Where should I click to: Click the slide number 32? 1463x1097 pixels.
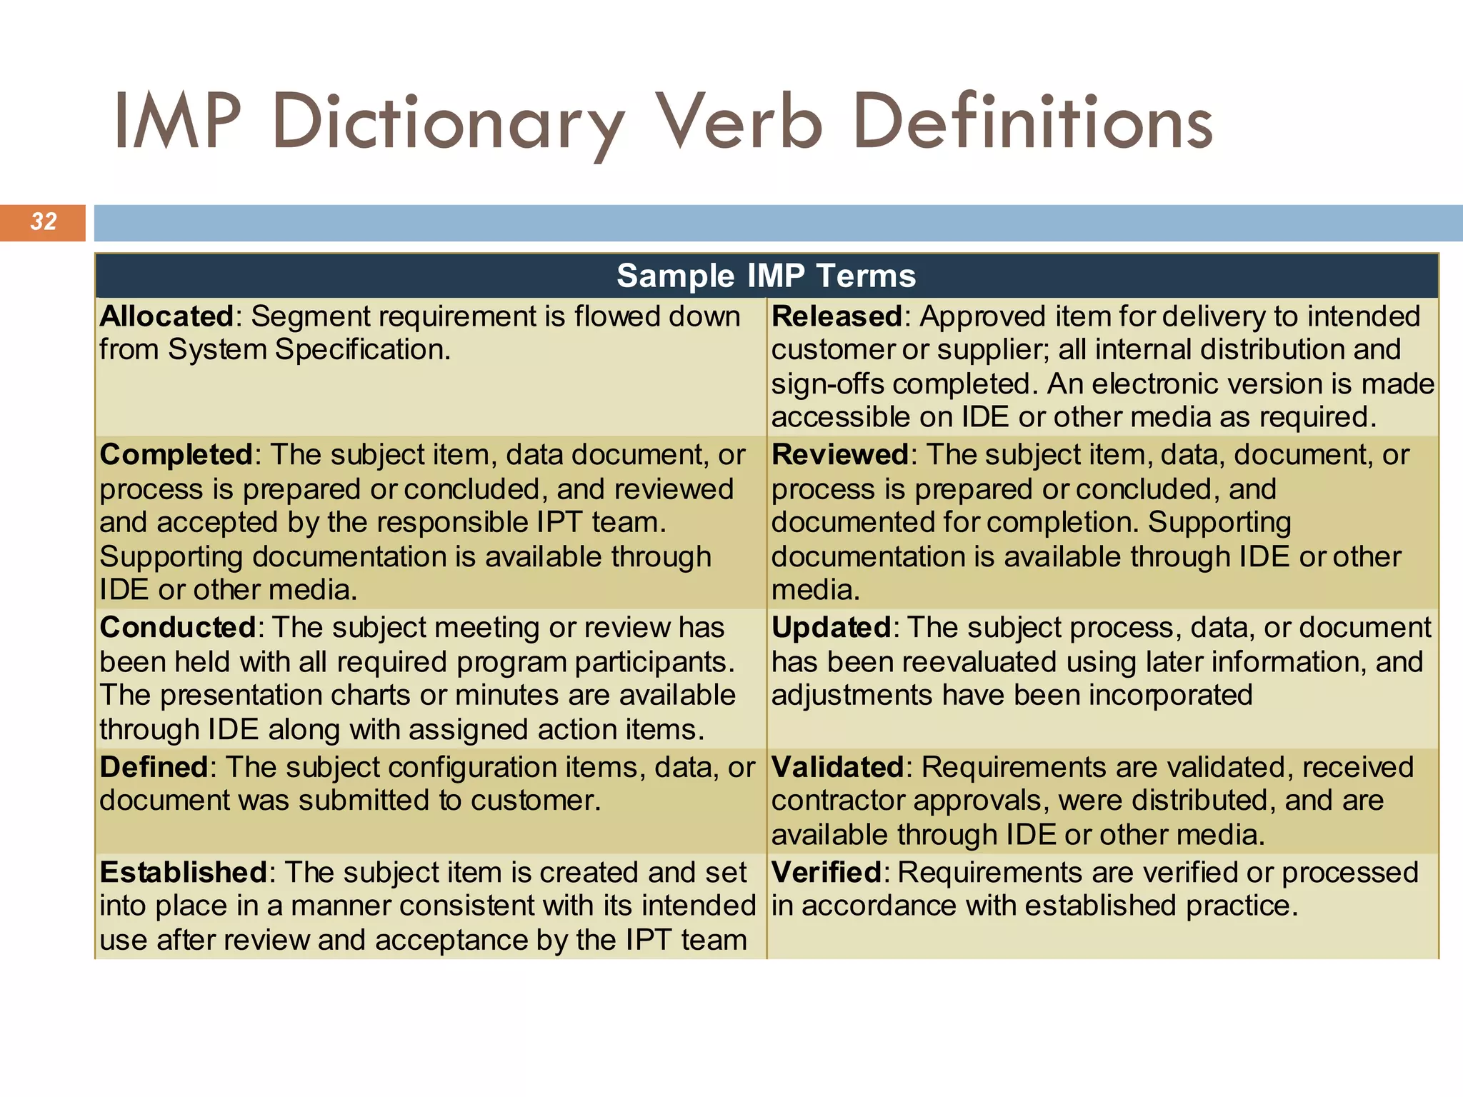(x=44, y=222)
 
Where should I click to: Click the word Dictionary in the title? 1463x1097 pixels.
(x=449, y=123)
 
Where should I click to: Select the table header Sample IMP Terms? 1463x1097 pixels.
(x=766, y=276)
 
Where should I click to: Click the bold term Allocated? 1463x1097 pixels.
(x=166, y=316)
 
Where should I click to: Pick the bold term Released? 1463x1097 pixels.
(x=837, y=316)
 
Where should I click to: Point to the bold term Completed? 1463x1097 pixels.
(x=176, y=455)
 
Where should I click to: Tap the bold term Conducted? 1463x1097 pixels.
(x=178, y=628)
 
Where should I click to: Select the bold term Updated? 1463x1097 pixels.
(x=831, y=628)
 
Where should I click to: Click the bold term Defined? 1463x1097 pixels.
(x=154, y=767)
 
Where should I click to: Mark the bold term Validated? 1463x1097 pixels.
(x=838, y=767)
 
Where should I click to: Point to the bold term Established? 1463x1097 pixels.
(x=183, y=872)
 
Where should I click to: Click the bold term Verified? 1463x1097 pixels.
(x=827, y=872)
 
